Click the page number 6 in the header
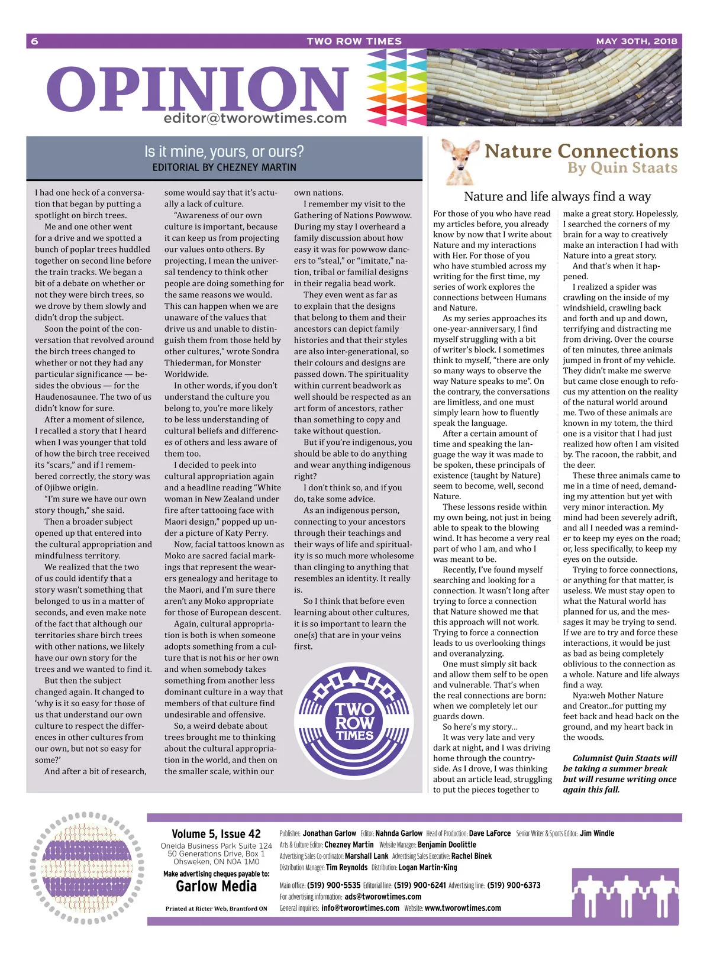[x=35, y=41]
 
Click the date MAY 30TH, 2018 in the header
[x=636, y=41]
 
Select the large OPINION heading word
[x=198, y=89]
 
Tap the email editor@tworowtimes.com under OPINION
[x=255, y=118]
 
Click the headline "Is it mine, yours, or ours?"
[x=224, y=151]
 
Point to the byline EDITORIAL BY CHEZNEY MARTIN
[x=224, y=167]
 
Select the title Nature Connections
[x=581, y=151]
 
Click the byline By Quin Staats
[x=622, y=168]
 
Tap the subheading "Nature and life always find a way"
[x=557, y=196]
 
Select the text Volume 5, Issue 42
[x=216, y=834]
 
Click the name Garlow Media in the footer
[x=216, y=886]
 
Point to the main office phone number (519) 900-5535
[x=334, y=885]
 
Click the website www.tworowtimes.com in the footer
[x=463, y=908]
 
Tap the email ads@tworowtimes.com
[x=383, y=897]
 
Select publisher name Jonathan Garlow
[x=330, y=833]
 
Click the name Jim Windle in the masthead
[x=597, y=833]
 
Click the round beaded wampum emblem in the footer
[x=87, y=868]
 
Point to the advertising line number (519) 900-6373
[x=514, y=885]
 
